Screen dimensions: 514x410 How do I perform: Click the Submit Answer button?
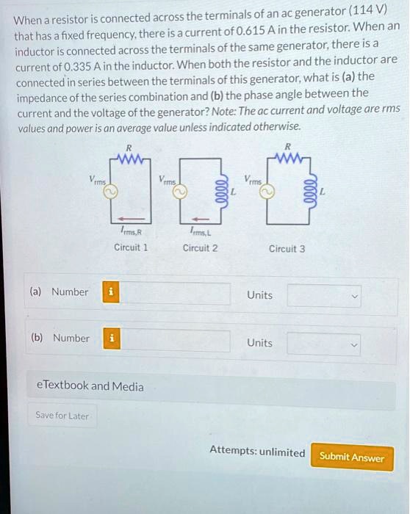[x=351, y=457]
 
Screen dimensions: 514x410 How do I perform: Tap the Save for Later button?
[x=62, y=416]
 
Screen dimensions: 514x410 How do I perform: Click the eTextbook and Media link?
[x=90, y=386]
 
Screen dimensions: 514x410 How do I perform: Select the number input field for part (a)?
[x=175, y=293]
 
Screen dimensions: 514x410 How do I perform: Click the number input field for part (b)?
[x=175, y=340]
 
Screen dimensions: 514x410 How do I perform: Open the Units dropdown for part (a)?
[x=324, y=296]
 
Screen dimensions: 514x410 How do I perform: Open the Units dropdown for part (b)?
[x=324, y=343]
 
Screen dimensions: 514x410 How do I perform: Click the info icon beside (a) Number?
[x=111, y=292]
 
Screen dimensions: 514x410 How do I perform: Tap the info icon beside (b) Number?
[x=111, y=339]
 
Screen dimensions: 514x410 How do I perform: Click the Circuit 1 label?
[x=131, y=247]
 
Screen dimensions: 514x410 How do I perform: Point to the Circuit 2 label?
[x=200, y=247]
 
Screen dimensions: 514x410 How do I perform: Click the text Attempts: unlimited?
[x=257, y=452]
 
